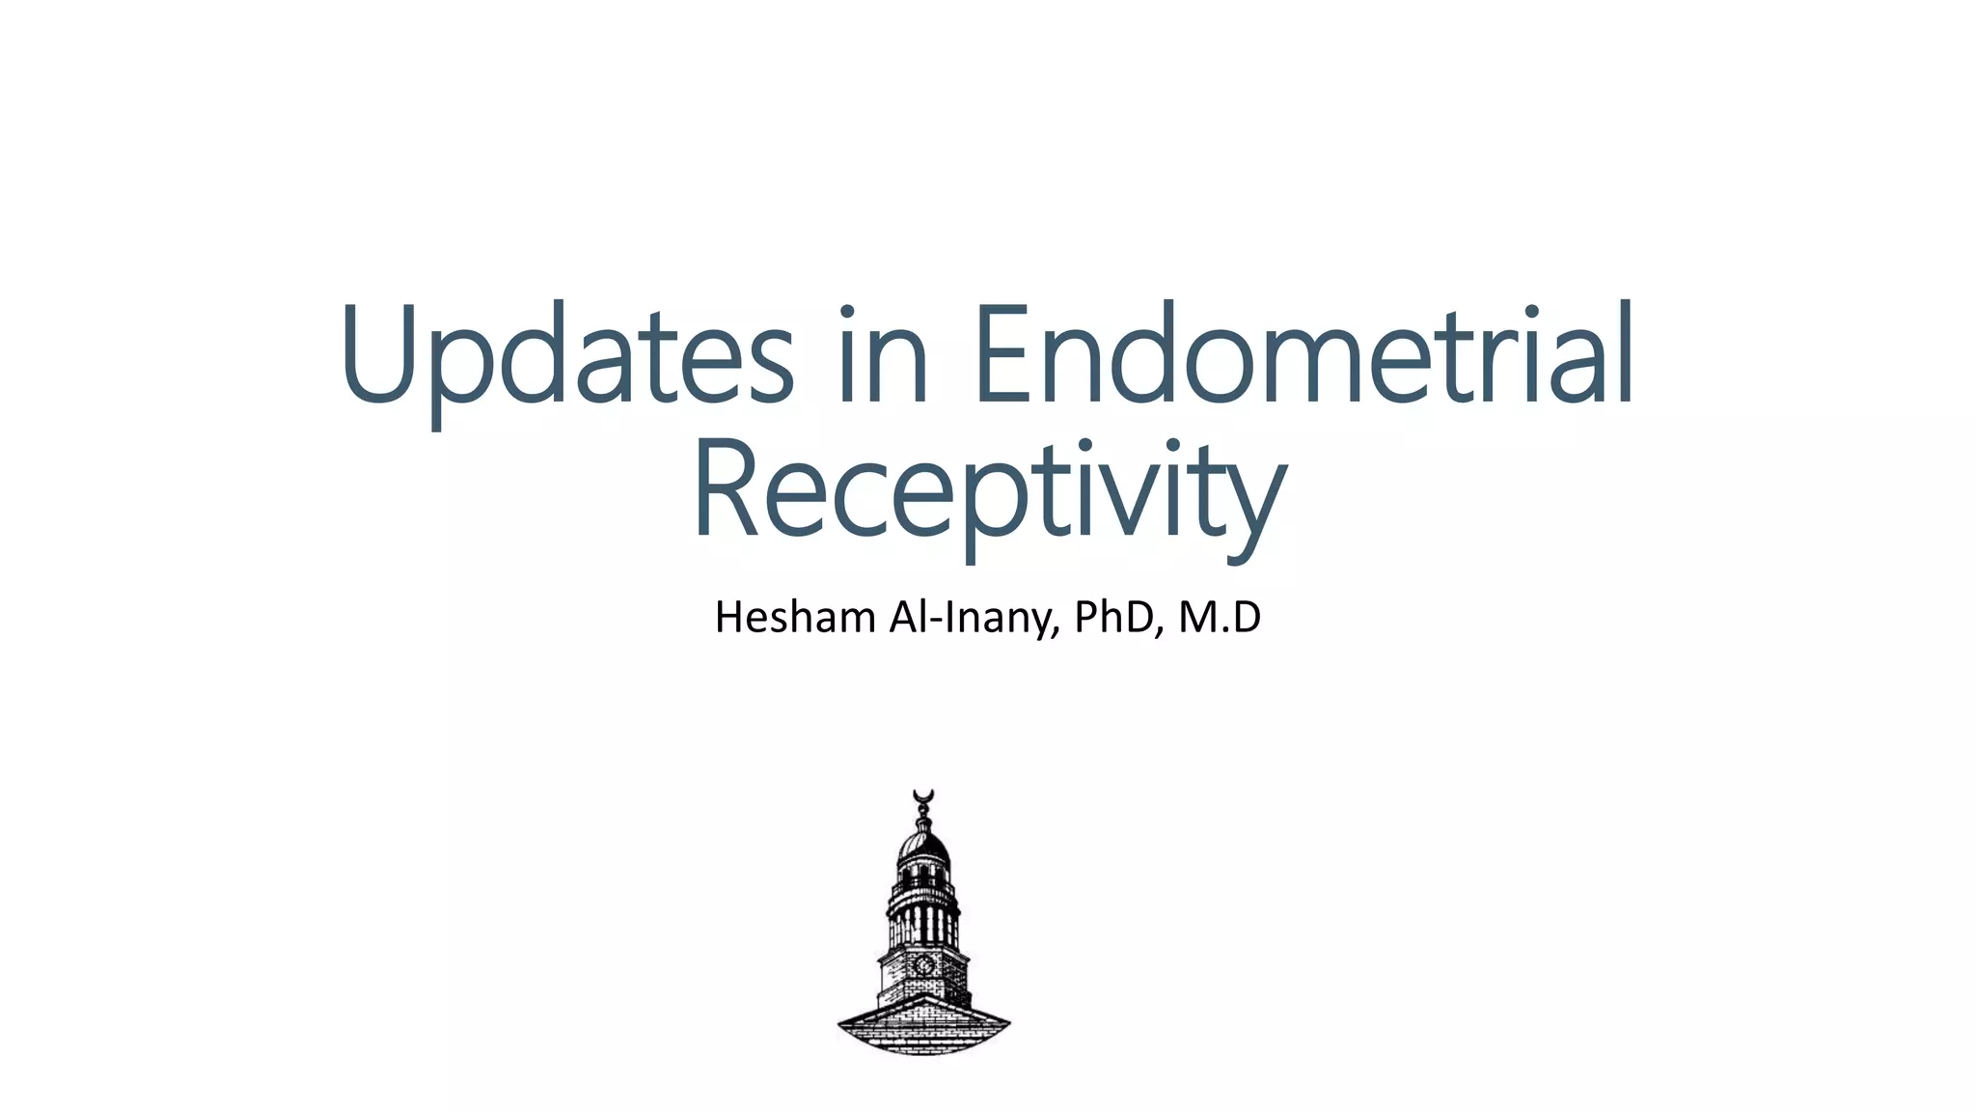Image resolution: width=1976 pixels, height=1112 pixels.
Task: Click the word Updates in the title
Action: [567, 355]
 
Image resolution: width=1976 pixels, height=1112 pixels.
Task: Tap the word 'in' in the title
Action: [883, 355]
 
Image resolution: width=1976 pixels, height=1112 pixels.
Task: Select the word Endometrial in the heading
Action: [1304, 355]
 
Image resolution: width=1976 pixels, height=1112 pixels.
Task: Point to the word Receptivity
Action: [989, 490]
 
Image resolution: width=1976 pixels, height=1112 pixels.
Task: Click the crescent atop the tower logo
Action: [924, 796]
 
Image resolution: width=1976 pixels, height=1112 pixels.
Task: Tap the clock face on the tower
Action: [923, 963]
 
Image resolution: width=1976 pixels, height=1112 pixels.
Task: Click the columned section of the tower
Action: [923, 922]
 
